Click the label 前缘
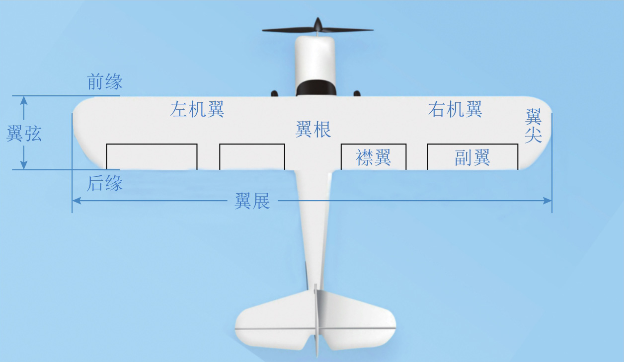[x=105, y=82]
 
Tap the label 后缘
[x=105, y=184]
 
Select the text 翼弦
[x=24, y=134]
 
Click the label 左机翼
[x=197, y=109]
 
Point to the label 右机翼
[x=455, y=109]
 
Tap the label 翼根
[x=313, y=130]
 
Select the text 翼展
[x=252, y=201]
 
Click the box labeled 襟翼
[x=374, y=157]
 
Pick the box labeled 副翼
[x=472, y=157]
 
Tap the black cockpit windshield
[x=315, y=88]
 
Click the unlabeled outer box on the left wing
[x=152, y=157]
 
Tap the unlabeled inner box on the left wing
[x=252, y=157]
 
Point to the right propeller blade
[x=348, y=30]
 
